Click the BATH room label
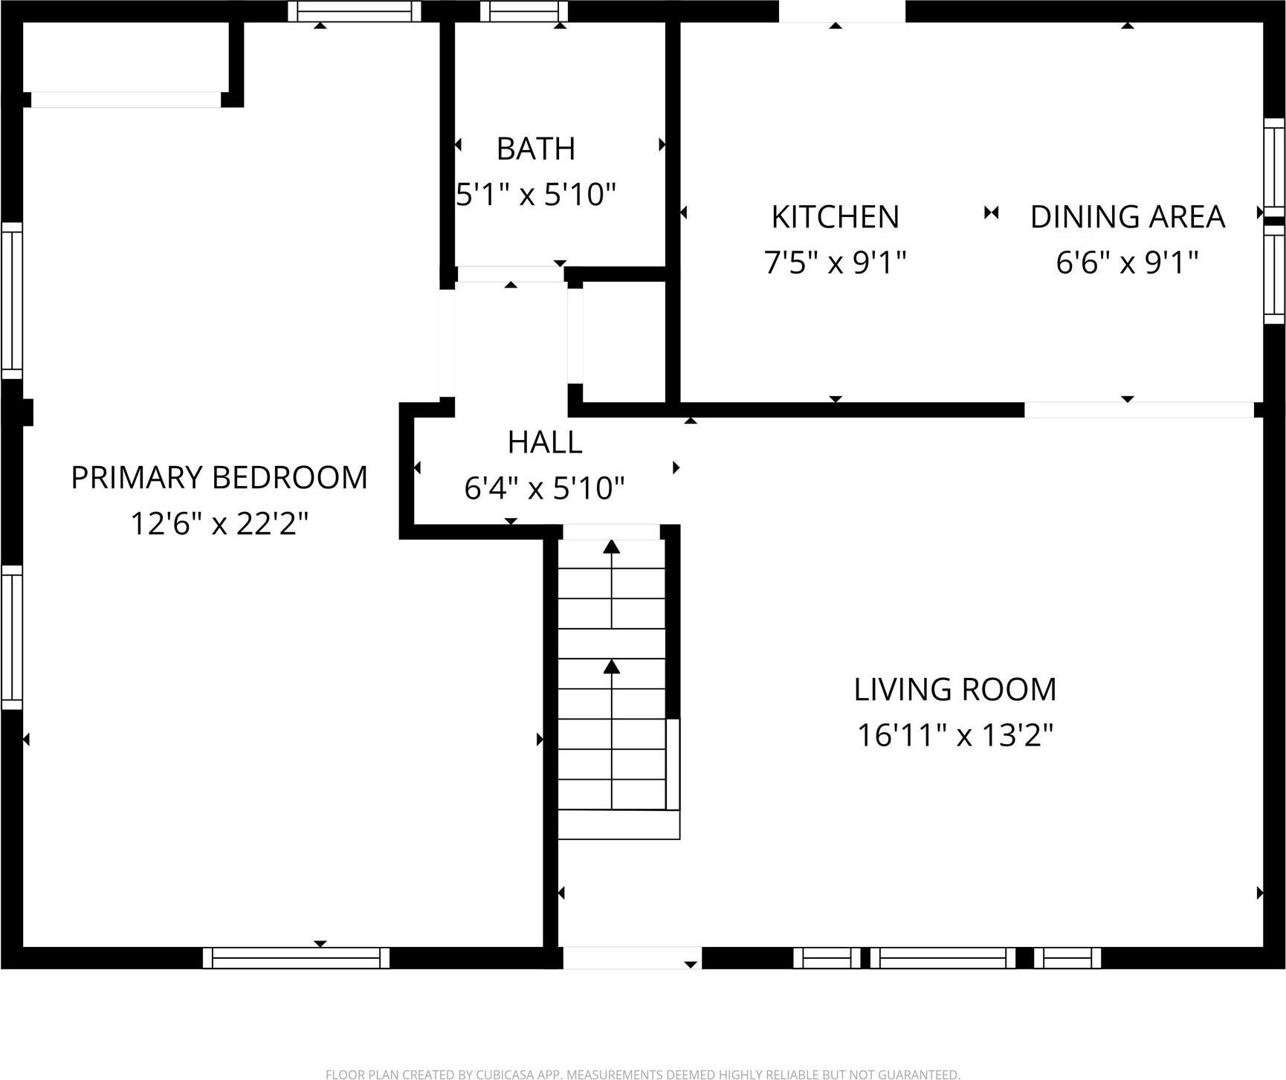[x=535, y=149]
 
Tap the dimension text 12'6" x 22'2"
[x=219, y=523]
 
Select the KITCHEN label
[x=835, y=217]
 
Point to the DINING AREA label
[x=1127, y=217]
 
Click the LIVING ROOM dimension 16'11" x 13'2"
[x=955, y=736]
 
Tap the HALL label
[x=544, y=443]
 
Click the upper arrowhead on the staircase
[x=611, y=548]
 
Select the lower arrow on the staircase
[x=611, y=667]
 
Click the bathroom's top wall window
[x=523, y=11]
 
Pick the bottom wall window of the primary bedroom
[x=296, y=957]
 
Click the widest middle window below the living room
[x=943, y=957]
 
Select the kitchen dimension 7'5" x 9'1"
[x=835, y=262]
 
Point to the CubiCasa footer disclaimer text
[x=642, y=1074]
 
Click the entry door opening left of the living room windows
[x=631, y=957]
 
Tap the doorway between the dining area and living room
[x=1138, y=410]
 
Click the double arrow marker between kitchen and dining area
[x=991, y=213]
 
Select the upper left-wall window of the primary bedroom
[x=12, y=300]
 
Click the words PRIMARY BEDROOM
[x=219, y=477]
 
